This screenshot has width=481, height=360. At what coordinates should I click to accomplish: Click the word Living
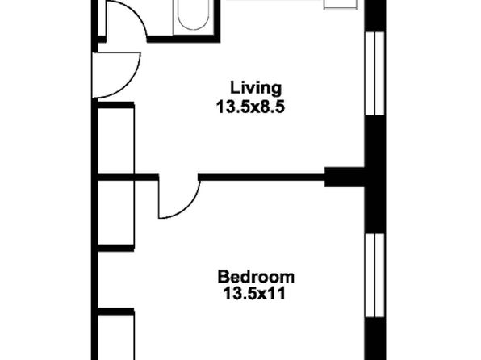[256, 89]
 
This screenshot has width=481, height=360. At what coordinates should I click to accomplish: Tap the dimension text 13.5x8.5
[251, 107]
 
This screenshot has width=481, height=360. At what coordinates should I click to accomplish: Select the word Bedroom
[256, 277]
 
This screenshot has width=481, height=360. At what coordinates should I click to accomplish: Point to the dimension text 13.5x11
[254, 293]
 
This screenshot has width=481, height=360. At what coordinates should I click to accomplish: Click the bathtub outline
[193, 15]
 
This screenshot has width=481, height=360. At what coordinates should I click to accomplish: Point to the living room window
[374, 73]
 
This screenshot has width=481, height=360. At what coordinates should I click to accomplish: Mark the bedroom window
[374, 275]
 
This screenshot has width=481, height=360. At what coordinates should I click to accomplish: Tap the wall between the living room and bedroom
[261, 177]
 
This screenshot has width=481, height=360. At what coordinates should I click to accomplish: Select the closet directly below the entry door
[115, 140]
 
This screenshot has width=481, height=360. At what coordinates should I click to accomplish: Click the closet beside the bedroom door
[115, 212]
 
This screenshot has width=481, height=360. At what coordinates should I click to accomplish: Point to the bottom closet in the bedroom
[115, 334]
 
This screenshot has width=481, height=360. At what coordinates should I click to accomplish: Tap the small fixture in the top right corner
[341, 4]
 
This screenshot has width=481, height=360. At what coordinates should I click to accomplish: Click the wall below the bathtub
[183, 39]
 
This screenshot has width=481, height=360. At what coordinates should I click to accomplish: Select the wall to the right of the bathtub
[217, 20]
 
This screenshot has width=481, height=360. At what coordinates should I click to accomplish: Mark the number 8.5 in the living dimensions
[272, 107]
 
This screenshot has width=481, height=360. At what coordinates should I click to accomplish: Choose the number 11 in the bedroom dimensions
[277, 293]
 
